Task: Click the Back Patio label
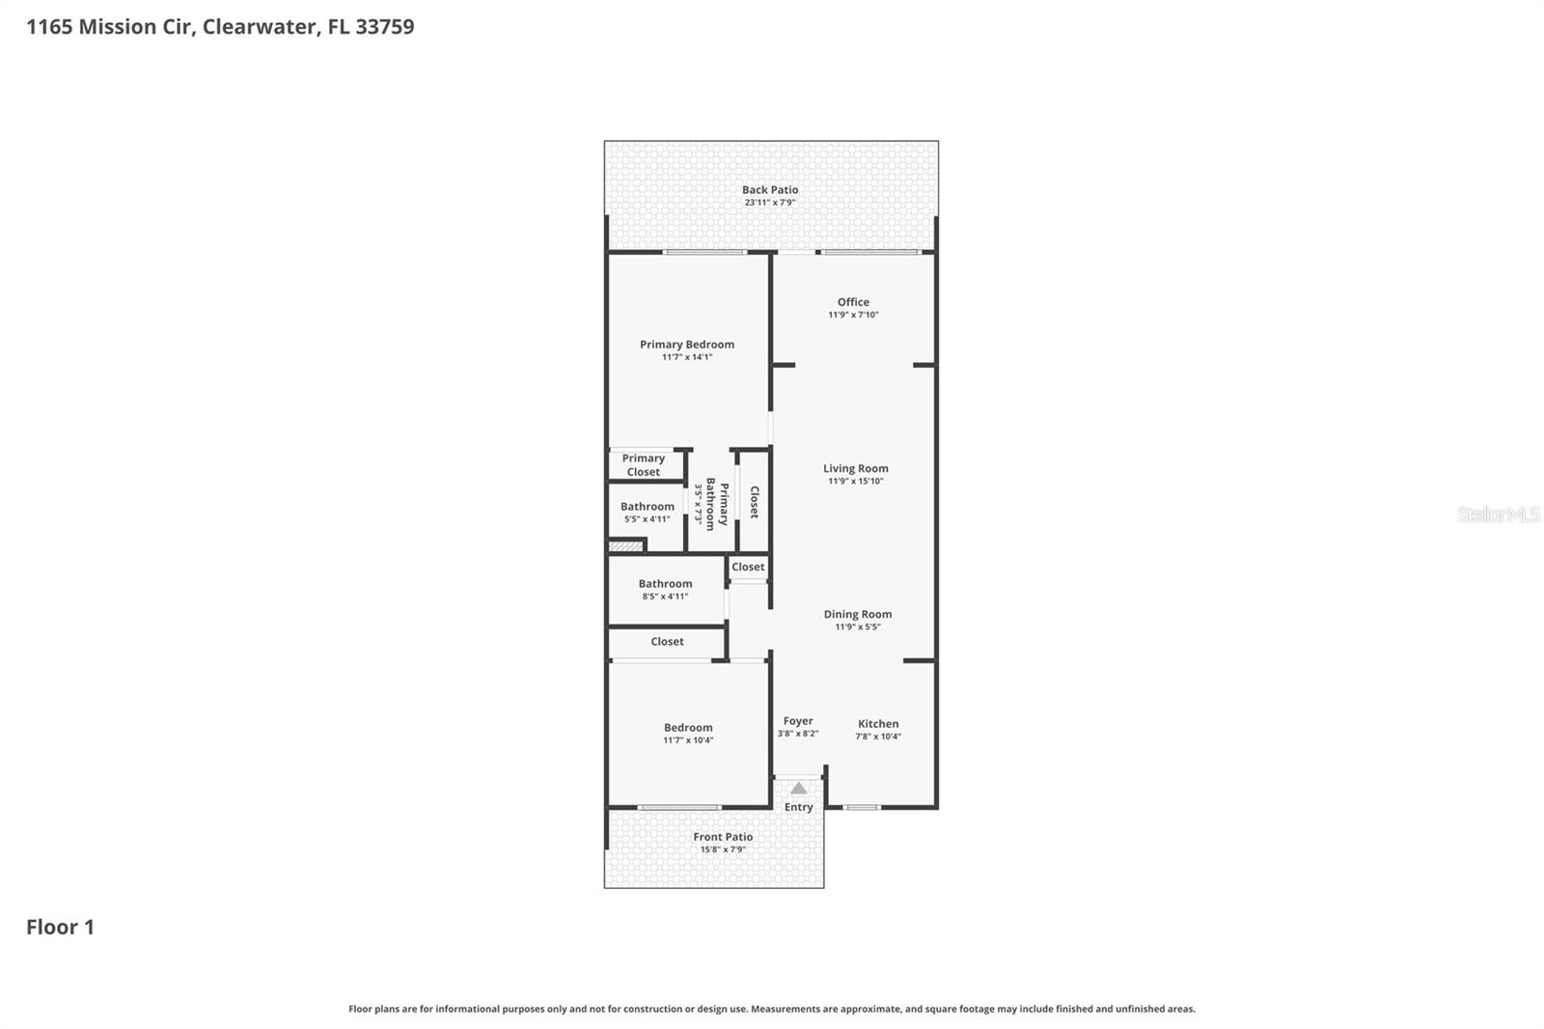pyautogui.click(x=769, y=190)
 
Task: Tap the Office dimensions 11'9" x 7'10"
pyautogui.click(x=853, y=315)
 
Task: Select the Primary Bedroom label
pyautogui.click(x=686, y=345)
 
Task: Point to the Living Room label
pyautogui.click(x=855, y=468)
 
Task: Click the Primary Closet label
pyautogui.click(x=643, y=465)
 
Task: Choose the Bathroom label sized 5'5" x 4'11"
pyautogui.click(x=647, y=507)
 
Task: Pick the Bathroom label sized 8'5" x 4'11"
pyautogui.click(x=665, y=584)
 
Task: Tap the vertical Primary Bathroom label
pyautogui.click(x=716, y=503)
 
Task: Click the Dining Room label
pyautogui.click(x=857, y=614)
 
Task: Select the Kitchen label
pyautogui.click(x=877, y=724)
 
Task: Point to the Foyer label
pyautogui.click(x=797, y=721)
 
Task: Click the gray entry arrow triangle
pyautogui.click(x=798, y=789)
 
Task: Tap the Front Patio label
pyautogui.click(x=722, y=837)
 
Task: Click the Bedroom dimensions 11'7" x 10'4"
pyautogui.click(x=687, y=740)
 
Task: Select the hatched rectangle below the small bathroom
pyautogui.click(x=625, y=547)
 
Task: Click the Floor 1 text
pyautogui.click(x=60, y=928)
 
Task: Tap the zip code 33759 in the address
pyautogui.click(x=384, y=27)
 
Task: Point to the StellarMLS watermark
pyautogui.click(x=1497, y=514)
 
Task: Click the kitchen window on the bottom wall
pyautogui.click(x=862, y=807)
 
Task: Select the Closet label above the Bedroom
pyautogui.click(x=667, y=642)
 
